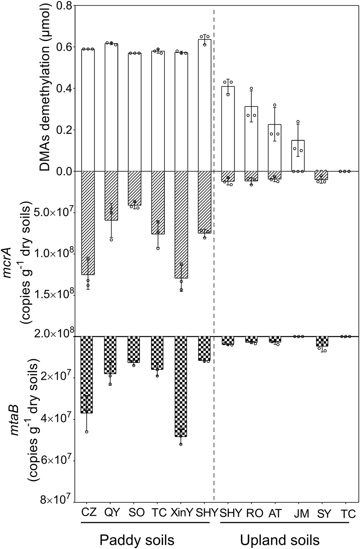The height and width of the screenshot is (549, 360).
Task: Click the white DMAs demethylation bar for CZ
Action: (88, 110)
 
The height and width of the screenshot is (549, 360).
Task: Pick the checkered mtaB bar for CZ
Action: (88, 374)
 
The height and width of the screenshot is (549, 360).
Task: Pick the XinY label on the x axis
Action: (181, 513)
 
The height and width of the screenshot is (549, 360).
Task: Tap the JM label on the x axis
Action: (301, 513)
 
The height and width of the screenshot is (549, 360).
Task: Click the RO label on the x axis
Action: (252, 513)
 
